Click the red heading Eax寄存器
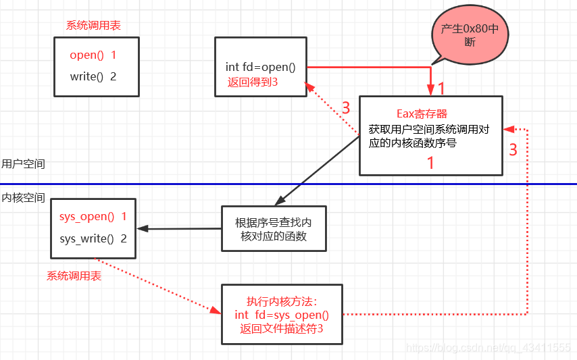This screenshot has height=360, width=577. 422,113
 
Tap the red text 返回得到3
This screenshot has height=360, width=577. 253,82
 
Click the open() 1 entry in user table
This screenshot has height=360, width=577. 93,55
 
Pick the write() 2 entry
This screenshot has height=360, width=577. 93,76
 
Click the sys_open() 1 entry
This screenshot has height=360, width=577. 93,217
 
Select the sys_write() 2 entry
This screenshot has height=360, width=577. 93,238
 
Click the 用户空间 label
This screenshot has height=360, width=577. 23,164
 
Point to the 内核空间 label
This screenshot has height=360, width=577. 23,198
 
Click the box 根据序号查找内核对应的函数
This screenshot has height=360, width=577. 273,229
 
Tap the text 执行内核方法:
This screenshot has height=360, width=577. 282,302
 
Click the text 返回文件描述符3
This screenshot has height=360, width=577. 282,329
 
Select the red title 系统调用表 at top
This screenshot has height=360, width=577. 93,26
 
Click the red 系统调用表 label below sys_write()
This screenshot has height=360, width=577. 74,276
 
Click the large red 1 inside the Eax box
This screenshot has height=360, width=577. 430,163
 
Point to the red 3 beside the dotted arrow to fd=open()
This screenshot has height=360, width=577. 345,108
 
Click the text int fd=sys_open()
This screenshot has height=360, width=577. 282,315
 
